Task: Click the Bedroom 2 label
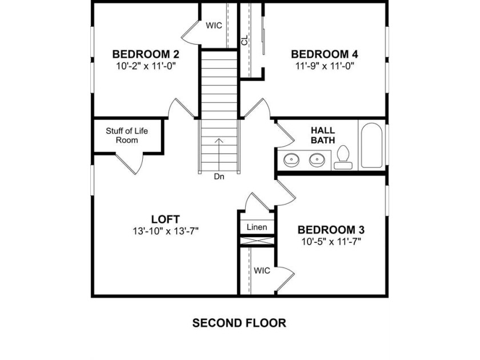(x=146, y=54)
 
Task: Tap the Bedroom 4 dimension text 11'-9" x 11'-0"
(x=325, y=66)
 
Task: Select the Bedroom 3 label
(x=331, y=230)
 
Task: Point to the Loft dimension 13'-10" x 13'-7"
(x=166, y=231)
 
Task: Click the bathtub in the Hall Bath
(x=371, y=145)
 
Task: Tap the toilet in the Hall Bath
(x=343, y=157)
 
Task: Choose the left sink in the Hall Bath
(x=291, y=160)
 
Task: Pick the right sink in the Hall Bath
(x=317, y=160)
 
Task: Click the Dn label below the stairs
(x=219, y=177)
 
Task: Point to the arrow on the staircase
(x=218, y=155)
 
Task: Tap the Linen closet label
(x=257, y=227)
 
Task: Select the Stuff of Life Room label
(x=127, y=135)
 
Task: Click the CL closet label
(x=245, y=41)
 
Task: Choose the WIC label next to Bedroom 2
(x=214, y=25)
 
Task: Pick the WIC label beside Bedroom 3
(x=262, y=271)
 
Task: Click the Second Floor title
(x=239, y=323)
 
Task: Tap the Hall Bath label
(x=323, y=135)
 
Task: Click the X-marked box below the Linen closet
(x=257, y=241)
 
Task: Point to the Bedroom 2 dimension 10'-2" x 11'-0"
(x=146, y=66)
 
